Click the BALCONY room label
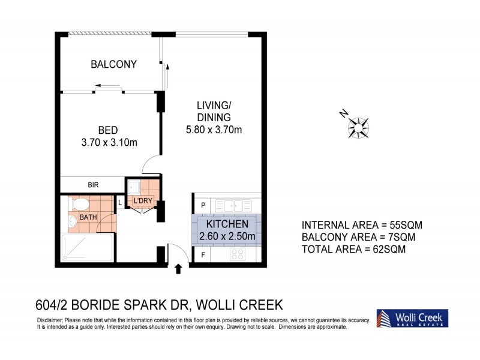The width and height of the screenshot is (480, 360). click(x=113, y=64)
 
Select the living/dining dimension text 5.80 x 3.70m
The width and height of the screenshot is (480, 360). click(x=214, y=130)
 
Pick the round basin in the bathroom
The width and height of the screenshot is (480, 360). click(x=73, y=221)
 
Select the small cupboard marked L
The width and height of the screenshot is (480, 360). click(x=121, y=203)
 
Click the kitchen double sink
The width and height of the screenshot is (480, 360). click(x=229, y=204)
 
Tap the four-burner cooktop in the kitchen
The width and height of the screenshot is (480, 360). click(x=236, y=254)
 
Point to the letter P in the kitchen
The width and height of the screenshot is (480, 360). click(x=203, y=205)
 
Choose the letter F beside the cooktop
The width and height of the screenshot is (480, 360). click(x=203, y=255)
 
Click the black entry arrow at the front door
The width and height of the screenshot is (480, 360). click(x=178, y=269)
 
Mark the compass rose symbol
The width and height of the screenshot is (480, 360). click(x=358, y=126)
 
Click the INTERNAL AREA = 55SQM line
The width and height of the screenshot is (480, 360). click(x=362, y=225)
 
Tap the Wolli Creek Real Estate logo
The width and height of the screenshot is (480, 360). click(x=411, y=318)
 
